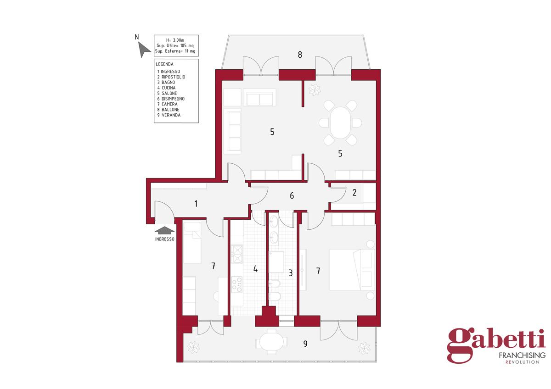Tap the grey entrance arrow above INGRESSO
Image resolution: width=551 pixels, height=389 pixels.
164,230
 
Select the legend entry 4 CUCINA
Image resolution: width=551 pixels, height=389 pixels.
166,88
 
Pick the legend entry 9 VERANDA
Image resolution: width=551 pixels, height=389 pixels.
169,115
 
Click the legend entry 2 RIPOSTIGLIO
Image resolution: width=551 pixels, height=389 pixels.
171,77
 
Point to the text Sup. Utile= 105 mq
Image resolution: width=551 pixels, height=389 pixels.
175,45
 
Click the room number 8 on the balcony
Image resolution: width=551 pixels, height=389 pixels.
300,55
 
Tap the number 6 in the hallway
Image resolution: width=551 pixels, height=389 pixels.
292,195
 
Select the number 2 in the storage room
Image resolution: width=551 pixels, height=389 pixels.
354,192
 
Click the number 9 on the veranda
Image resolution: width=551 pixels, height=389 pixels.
305,344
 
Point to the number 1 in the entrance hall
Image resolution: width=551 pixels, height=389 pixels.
196,204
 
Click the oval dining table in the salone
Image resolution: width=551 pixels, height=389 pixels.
340,122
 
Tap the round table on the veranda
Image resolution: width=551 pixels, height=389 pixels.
271,342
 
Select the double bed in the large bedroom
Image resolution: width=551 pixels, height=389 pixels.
352,270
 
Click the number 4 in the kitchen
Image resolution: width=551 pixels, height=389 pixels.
255,269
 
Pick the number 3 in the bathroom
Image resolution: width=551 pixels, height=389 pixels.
291,273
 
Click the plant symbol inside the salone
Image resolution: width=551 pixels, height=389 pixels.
315,90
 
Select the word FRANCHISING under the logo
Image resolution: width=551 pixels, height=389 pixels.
522,356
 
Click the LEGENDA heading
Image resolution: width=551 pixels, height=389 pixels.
164,64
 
